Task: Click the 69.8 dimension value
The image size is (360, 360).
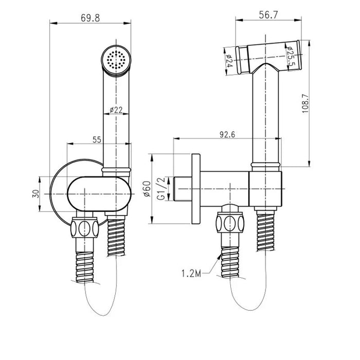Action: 90,18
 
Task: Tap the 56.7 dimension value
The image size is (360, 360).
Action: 268,15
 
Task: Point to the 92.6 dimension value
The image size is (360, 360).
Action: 227,135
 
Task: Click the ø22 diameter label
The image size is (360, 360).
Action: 116,110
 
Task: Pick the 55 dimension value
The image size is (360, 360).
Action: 97,139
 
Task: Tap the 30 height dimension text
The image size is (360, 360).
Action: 36,194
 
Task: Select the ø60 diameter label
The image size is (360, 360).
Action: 147,189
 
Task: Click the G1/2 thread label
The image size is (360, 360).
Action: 161,189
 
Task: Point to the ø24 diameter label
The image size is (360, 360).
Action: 229,61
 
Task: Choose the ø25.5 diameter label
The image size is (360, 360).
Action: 289,56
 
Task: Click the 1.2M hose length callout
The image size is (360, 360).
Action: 191,274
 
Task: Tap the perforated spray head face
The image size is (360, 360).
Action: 116,60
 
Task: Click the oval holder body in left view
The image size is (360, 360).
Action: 99,194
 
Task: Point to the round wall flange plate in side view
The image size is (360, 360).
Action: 196,189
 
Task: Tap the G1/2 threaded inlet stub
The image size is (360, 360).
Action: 183,189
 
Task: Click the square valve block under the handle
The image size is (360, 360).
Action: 265,189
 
